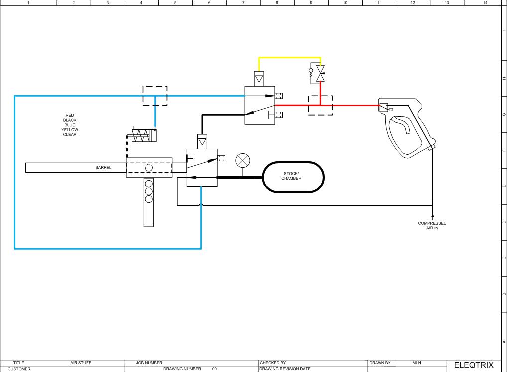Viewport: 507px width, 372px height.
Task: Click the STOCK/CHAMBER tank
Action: pyautogui.click(x=293, y=177)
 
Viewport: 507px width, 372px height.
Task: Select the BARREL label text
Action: pyautogui.click(x=103, y=168)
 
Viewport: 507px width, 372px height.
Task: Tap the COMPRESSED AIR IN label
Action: pyautogui.click(x=432, y=225)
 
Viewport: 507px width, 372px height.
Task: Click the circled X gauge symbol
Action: pyautogui.click(x=243, y=161)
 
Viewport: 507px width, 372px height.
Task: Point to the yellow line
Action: pyautogui.click(x=289, y=57)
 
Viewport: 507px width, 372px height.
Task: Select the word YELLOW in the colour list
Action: pyautogui.click(x=70, y=130)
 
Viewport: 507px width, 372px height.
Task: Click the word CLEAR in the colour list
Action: pyautogui.click(x=70, y=134)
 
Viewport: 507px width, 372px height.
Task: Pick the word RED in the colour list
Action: pyautogui.click(x=70, y=115)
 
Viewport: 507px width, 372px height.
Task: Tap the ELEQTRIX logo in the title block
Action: pyautogui.click(x=473, y=365)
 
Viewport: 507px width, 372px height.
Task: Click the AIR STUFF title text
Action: pyautogui.click(x=80, y=363)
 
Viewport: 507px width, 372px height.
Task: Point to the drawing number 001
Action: pyautogui.click(x=215, y=369)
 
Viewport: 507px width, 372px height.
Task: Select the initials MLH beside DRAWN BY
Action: pyautogui.click(x=417, y=363)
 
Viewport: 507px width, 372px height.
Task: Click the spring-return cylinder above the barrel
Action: pyautogui.click(x=144, y=135)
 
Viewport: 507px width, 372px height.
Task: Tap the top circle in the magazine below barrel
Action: pyautogui.click(x=149, y=183)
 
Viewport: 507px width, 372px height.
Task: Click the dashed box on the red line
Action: pyautogui.click(x=320, y=105)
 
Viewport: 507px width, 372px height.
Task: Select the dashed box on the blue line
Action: pyautogui.click(x=155, y=96)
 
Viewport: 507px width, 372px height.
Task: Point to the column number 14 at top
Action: pyautogui.click(x=485, y=3)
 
